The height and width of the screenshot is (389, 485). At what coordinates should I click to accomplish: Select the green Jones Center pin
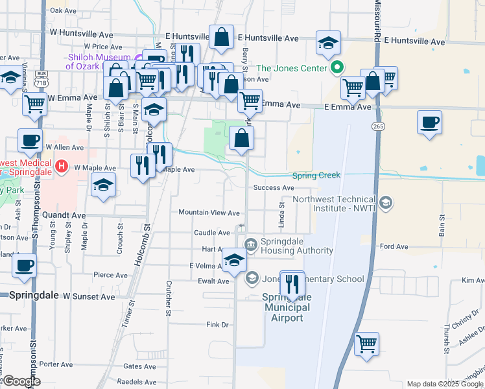[x=337, y=67]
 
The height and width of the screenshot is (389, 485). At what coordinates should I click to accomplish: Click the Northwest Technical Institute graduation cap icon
[x=386, y=204]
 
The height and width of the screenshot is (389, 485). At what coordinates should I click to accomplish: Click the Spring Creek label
[x=316, y=176]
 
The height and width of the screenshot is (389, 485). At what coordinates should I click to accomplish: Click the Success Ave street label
[x=274, y=188]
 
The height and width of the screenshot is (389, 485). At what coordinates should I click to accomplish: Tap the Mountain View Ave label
[x=209, y=213]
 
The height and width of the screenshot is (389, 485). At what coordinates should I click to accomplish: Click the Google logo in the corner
[x=21, y=381]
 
